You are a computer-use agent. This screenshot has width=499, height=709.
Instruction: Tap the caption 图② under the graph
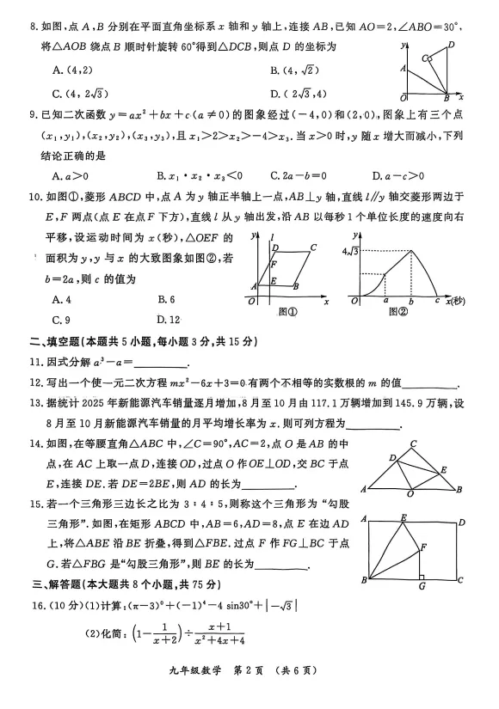397,315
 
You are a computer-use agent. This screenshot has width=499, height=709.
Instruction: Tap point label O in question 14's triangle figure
410,496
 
